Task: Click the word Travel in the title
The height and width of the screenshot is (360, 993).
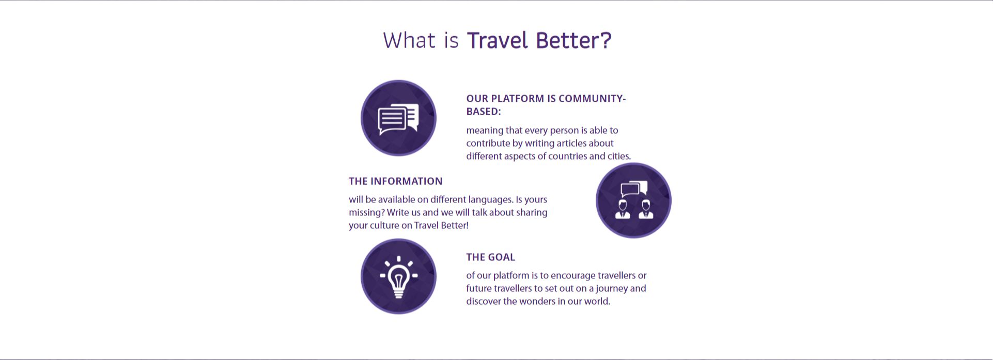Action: pyautogui.click(x=498, y=40)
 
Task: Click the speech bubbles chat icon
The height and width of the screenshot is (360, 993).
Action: pyautogui.click(x=398, y=118)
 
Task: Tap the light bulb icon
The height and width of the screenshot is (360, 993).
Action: pyautogui.click(x=398, y=276)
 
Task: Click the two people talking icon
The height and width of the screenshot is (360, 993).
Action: pyautogui.click(x=633, y=200)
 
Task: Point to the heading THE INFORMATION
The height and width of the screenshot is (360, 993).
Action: pyautogui.click(x=396, y=181)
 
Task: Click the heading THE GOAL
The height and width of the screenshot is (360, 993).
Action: pyautogui.click(x=491, y=257)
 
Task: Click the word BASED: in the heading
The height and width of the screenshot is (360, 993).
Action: pyautogui.click(x=484, y=112)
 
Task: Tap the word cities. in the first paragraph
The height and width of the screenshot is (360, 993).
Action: pyautogui.click(x=619, y=156)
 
